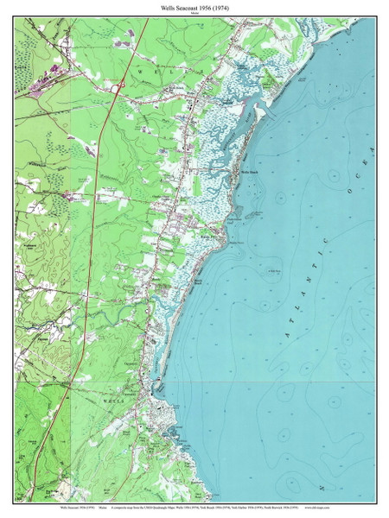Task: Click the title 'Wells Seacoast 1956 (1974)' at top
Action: (194, 6)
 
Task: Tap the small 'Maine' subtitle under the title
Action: (194, 13)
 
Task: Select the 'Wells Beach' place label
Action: (249, 172)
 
